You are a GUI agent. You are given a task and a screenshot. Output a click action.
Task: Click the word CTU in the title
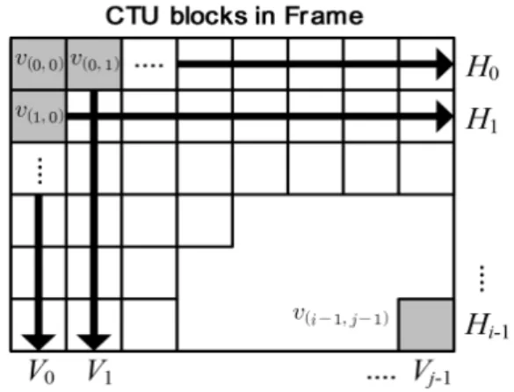[x=132, y=16]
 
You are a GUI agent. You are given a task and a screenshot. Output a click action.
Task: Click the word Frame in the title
[x=324, y=16]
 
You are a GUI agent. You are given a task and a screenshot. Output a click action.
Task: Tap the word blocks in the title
[x=209, y=16]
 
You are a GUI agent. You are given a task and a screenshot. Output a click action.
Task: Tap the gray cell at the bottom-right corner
[x=426, y=324]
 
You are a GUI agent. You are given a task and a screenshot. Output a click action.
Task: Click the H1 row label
[x=482, y=120]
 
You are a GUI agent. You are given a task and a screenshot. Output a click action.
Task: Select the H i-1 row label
[x=487, y=325]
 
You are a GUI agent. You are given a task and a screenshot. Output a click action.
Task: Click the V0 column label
[x=41, y=371]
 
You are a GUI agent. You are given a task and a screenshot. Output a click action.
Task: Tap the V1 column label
[x=99, y=372]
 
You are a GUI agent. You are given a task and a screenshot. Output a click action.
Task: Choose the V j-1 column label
[x=432, y=373]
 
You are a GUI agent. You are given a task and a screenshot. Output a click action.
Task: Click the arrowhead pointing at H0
[x=444, y=64]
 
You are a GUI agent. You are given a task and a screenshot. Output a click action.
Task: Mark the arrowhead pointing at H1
[x=444, y=116]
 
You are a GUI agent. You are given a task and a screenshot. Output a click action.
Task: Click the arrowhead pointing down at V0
[x=39, y=343]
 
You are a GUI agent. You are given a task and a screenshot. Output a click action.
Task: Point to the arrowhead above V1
[x=94, y=343]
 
